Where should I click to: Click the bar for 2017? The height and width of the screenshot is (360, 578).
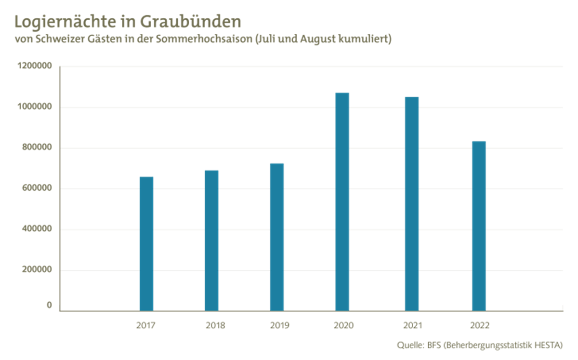(x=146, y=243)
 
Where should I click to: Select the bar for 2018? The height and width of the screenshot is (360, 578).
(x=211, y=240)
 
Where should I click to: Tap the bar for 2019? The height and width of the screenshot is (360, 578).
(x=277, y=237)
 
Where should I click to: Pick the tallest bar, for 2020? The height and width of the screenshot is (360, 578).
(x=342, y=201)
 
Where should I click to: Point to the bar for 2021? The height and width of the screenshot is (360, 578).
(x=412, y=203)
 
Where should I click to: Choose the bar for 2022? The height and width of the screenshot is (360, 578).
(x=479, y=226)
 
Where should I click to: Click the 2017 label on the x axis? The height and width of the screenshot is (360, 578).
(x=146, y=326)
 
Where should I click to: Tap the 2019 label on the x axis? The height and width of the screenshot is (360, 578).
(x=279, y=326)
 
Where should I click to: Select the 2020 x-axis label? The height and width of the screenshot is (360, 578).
(x=343, y=326)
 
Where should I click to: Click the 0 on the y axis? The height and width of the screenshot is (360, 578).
(x=49, y=305)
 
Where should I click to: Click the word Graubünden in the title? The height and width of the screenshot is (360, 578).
(x=191, y=22)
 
